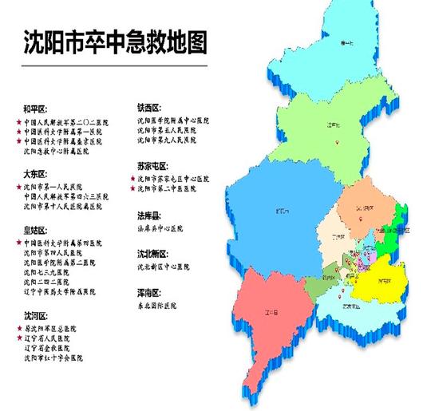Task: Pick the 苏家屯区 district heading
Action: tap(152, 165)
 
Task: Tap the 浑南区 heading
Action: tap(149, 293)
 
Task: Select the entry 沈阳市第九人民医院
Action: tap(172, 140)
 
